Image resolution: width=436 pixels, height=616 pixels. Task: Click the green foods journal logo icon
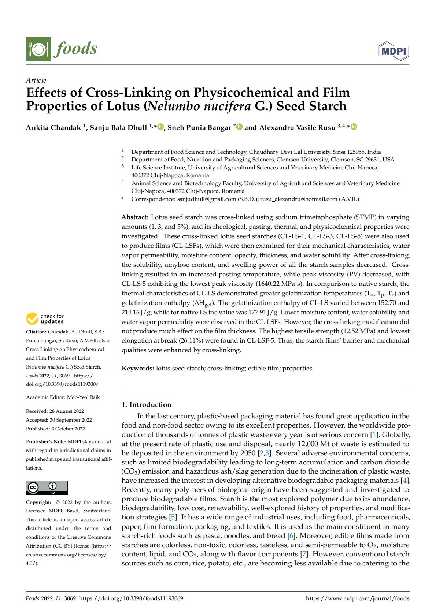(38, 49)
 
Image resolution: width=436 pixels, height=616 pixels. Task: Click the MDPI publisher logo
(393, 51)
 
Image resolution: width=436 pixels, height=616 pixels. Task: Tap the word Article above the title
(36, 80)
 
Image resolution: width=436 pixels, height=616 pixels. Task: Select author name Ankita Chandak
(53, 128)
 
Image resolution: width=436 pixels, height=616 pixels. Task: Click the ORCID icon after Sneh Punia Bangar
(240, 127)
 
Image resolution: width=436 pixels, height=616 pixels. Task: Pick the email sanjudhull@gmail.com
(207, 199)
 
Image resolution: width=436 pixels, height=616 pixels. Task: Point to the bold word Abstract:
(135, 217)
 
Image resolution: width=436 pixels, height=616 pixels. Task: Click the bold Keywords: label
(138, 369)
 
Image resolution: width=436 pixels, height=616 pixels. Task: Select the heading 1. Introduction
(147, 405)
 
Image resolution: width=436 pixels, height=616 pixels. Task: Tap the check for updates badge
(45, 319)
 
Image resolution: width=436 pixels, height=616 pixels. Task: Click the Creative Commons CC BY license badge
(47, 488)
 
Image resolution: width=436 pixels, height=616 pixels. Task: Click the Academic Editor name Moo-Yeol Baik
(84, 397)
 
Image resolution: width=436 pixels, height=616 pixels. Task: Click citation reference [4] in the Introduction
(405, 481)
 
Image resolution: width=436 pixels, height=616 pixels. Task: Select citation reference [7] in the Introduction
(304, 554)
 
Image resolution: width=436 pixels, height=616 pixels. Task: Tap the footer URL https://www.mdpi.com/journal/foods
(358, 598)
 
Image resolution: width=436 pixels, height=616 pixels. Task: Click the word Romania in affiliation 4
(233, 191)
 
